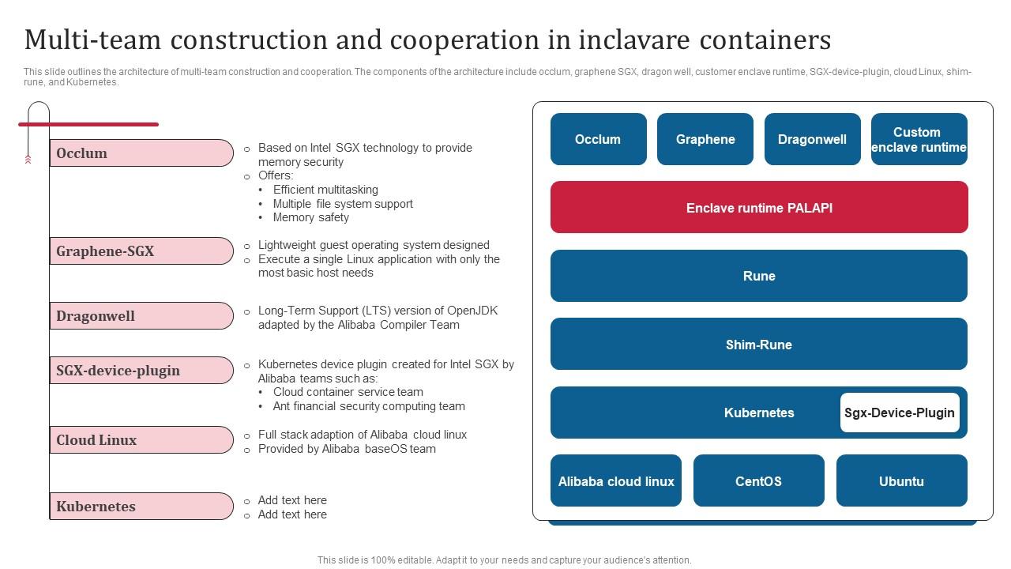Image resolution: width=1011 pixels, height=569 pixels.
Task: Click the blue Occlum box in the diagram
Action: click(598, 139)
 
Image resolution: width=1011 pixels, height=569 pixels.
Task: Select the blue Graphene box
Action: click(705, 139)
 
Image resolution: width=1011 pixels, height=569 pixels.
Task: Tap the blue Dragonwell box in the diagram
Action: click(812, 139)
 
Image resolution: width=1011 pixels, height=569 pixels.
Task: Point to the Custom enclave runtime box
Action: click(919, 139)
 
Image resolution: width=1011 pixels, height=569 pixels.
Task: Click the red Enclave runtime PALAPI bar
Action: click(758, 208)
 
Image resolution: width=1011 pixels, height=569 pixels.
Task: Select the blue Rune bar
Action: click(758, 276)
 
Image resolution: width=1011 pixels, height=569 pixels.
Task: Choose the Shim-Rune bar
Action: click(758, 345)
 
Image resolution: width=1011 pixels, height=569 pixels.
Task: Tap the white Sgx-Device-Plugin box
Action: click(899, 413)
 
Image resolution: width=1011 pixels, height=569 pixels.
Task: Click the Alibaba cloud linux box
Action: click(615, 480)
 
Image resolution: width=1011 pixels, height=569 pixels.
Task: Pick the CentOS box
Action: click(758, 480)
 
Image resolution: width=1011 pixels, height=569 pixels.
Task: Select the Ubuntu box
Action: click(901, 480)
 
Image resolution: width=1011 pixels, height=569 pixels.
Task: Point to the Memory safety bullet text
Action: click(310, 217)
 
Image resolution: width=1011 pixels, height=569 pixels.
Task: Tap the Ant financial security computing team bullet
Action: click(369, 406)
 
